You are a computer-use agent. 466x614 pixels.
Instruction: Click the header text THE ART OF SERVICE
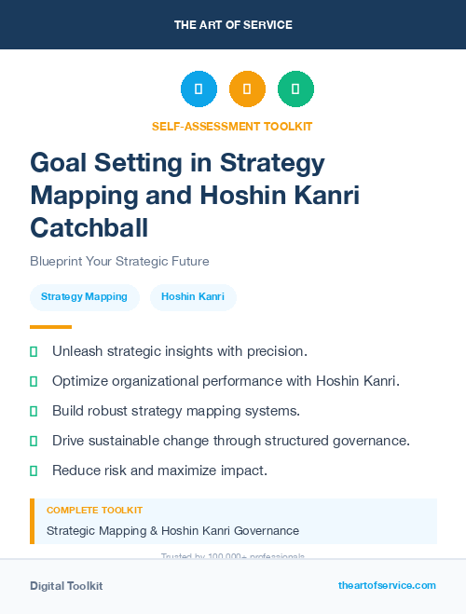[x=233, y=25]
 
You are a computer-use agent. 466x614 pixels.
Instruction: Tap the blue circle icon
[x=199, y=89]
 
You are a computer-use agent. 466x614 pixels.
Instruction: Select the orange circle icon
[x=247, y=89]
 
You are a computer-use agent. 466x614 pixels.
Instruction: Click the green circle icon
[x=295, y=89]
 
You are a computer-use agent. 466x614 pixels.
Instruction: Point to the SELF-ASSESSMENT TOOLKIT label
[x=232, y=126]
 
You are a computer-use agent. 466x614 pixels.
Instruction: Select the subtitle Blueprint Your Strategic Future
[x=119, y=261]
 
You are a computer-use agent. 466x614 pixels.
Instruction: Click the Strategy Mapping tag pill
[x=85, y=297]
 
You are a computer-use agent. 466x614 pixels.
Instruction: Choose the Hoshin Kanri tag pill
[x=193, y=297]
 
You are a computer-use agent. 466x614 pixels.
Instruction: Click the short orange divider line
[x=50, y=327]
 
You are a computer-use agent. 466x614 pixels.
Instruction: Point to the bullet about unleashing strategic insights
[x=179, y=351]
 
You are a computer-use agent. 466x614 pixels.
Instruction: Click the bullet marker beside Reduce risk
[x=34, y=471]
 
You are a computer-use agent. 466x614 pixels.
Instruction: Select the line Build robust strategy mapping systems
[x=175, y=411]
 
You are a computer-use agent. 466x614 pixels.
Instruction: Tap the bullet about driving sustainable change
[x=230, y=441]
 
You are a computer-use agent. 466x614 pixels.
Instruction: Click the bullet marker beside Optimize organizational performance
[x=34, y=381]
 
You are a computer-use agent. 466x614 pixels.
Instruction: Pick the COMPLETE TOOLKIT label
[x=94, y=511]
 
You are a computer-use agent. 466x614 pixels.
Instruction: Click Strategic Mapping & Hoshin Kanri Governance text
[x=172, y=531]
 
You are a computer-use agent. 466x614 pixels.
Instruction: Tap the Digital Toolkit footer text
[x=66, y=586]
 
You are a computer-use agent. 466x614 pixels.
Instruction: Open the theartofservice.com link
[x=387, y=585]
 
